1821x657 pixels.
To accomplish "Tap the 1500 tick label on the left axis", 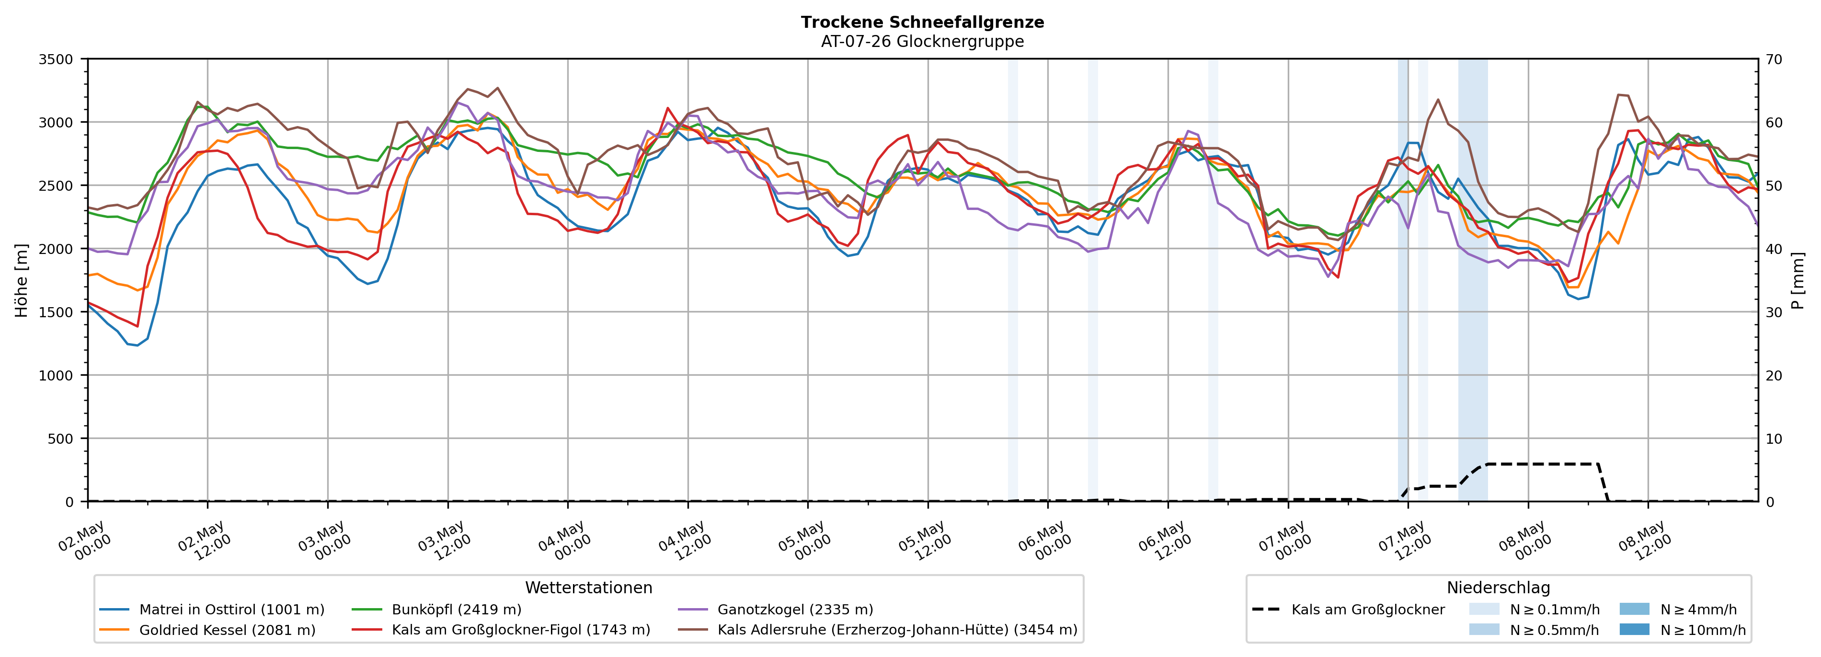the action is tap(56, 312).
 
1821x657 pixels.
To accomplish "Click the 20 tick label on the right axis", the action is tap(1774, 376).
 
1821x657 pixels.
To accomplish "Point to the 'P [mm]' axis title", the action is tap(1798, 280).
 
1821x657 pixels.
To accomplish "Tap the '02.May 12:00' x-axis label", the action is tap(204, 541).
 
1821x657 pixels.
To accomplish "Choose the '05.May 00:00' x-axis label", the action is tap(804, 541).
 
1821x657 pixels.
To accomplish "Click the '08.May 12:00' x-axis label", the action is tap(1645, 541).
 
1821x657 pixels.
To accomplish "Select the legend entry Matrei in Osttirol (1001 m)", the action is tap(212, 610).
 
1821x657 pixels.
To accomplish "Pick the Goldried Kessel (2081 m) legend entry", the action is tap(208, 630).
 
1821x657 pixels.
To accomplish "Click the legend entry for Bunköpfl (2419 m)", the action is tap(437, 610).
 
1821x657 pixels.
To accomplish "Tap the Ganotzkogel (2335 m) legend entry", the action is tap(776, 610).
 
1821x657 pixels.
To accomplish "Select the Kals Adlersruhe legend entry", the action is tap(877, 630).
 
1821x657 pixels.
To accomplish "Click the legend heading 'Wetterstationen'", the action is tap(589, 588).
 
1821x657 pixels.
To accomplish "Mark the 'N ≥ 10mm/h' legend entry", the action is tap(1683, 630).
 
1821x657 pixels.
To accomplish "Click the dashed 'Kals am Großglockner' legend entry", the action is tap(1348, 610).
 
